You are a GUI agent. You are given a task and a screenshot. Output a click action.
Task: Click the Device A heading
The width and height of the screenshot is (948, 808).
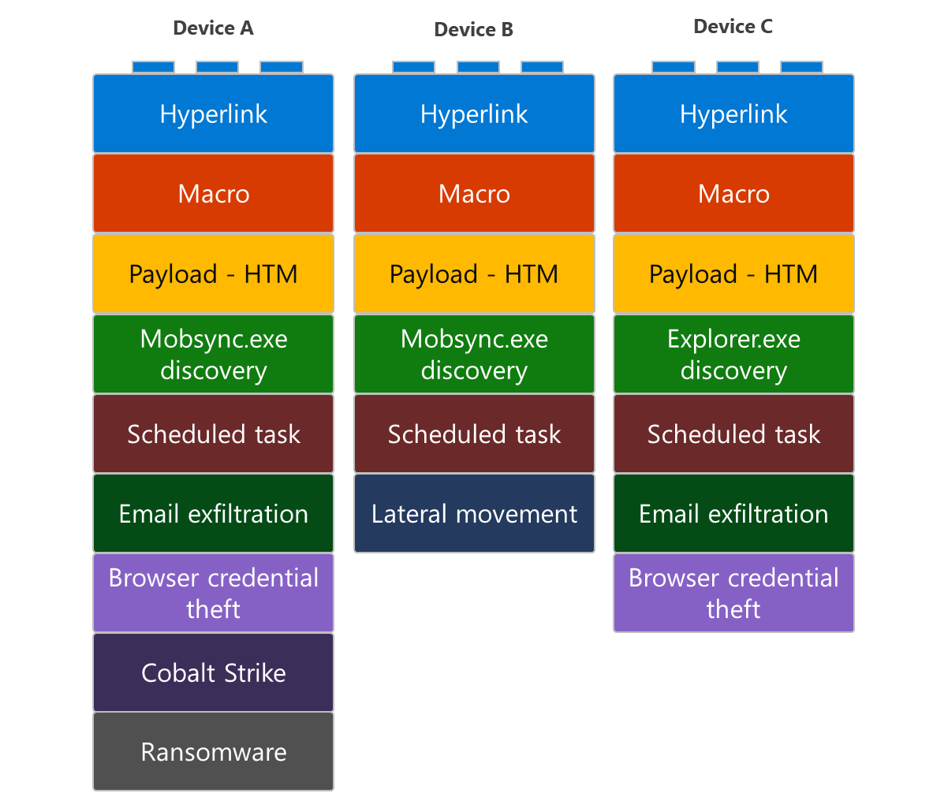click(x=213, y=28)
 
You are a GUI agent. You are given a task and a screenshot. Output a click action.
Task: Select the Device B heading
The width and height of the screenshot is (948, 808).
click(x=473, y=30)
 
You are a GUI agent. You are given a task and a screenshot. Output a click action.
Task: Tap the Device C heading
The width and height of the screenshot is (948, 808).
click(x=733, y=27)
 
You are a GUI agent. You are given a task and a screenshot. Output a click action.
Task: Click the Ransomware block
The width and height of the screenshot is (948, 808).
click(x=213, y=751)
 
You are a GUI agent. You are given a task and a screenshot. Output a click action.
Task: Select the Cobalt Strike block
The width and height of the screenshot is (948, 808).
click(x=213, y=672)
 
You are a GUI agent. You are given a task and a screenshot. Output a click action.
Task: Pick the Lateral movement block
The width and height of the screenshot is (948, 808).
click(x=474, y=513)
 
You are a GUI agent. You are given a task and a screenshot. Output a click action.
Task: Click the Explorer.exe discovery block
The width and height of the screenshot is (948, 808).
click(x=733, y=354)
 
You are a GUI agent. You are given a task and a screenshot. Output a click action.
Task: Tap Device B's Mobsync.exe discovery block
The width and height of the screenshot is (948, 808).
click(x=474, y=354)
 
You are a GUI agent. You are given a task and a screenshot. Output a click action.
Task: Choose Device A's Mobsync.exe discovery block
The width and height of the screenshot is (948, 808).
click(x=213, y=354)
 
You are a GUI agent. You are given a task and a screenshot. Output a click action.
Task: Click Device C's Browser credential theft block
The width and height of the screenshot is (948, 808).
click(x=733, y=593)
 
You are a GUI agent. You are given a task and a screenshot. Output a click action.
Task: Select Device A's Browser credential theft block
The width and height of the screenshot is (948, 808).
click(x=213, y=593)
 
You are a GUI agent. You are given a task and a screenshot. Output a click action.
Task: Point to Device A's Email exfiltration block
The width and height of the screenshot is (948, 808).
click(x=213, y=513)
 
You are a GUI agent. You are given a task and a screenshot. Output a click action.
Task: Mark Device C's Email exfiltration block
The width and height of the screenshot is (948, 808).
click(x=733, y=513)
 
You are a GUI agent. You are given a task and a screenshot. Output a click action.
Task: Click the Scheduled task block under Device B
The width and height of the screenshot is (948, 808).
click(x=474, y=434)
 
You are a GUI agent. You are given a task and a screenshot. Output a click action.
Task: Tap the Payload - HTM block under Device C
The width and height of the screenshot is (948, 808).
click(x=733, y=274)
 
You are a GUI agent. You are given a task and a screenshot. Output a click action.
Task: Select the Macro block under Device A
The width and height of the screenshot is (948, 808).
click(x=213, y=193)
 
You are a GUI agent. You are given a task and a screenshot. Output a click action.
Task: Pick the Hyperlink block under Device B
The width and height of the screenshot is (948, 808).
click(x=474, y=114)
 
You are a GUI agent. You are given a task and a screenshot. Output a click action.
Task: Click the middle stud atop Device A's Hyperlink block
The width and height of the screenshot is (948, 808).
click(x=217, y=68)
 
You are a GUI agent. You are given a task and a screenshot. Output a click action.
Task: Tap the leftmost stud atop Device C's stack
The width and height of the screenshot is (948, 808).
click(x=673, y=68)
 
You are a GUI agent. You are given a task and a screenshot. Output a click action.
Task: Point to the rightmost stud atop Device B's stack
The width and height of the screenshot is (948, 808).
click(x=542, y=68)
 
